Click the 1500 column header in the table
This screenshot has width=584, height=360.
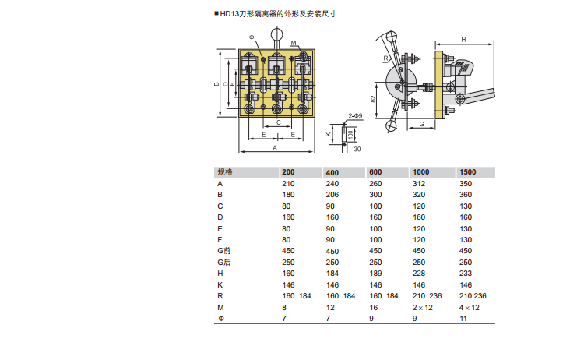(467, 171)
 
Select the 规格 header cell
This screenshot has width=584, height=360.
(225, 171)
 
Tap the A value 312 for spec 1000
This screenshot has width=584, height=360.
(419, 183)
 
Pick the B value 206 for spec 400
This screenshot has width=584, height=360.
(332, 195)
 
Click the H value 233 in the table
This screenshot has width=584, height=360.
(465, 274)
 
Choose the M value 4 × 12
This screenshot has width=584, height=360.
(469, 308)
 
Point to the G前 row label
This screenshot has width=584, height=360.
(224, 251)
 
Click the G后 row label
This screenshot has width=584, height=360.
(224, 263)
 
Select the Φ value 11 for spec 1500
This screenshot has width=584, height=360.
(463, 318)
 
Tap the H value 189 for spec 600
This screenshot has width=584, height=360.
(375, 274)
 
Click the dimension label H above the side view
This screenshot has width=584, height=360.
(463, 40)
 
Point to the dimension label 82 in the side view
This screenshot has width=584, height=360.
(373, 99)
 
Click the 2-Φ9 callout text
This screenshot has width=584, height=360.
(355, 116)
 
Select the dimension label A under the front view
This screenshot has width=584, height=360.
(275, 148)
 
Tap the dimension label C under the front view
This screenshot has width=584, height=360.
(278, 122)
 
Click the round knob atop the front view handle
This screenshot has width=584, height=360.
(276, 34)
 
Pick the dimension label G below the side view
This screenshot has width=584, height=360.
(421, 124)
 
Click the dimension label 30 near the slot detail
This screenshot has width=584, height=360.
(357, 149)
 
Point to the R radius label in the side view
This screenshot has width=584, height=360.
(385, 58)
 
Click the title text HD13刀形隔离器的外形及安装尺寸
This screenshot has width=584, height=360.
(278, 14)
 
